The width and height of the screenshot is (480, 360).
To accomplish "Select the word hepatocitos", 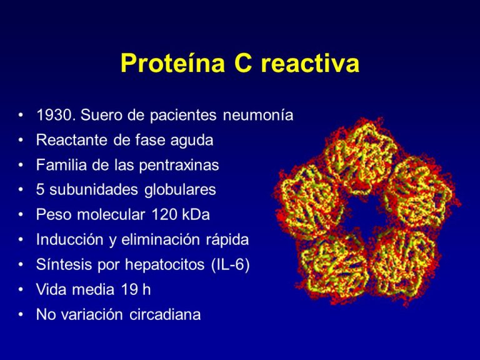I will pyautogui.click(x=164, y=265).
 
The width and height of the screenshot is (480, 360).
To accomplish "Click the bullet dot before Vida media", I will pyautogui.click(x=22, y=290).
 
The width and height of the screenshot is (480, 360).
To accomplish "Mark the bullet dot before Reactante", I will pyautogui.click(x=22, y=141).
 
